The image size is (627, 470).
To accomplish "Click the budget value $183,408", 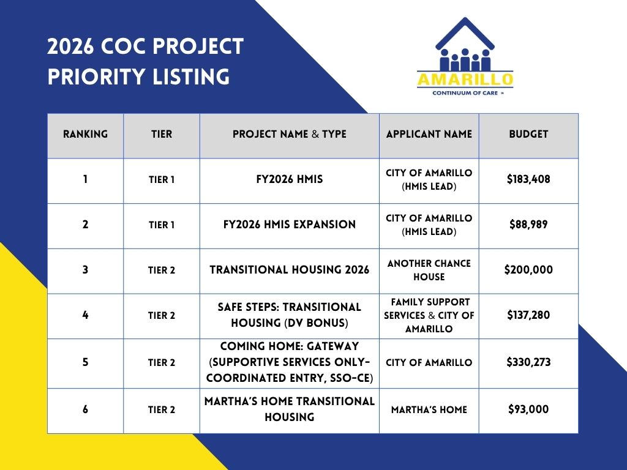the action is [x=528, y=179].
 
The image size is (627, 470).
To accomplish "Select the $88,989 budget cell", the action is [x=528, y=224].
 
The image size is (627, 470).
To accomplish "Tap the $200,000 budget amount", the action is [x=528, y=270].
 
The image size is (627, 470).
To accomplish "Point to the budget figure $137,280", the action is [x=528, y=315].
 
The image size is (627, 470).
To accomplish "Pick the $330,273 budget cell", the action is [x=528, y=362].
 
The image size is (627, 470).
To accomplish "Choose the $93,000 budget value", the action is [x=528, y=409].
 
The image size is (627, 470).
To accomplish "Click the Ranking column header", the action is [x=85, y=134].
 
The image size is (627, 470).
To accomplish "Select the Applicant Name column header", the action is [x=429, y=134].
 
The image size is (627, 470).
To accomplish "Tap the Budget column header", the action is [x=528, y=134].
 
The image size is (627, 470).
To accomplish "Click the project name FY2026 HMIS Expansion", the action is [x=290, y=224].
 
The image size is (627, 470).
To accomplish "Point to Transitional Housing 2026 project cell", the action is [x=290, y=270].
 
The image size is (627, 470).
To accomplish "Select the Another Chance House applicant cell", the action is [x=429, y=270].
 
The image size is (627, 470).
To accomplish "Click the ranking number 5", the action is [x=85, y=362].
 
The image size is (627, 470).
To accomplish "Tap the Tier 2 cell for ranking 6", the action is [x=162, y=409].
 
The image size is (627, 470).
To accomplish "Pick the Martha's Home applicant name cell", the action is [x=429, y=409].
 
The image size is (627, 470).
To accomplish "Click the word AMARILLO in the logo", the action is [x=465, y=79].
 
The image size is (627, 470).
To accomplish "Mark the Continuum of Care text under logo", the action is [x=465, y=93].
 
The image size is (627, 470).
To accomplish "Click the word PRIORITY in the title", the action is [x=96, y=76].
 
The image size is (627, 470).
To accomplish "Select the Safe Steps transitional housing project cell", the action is [x=290, y=315].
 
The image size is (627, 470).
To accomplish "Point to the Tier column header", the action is [x=162, y=134].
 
